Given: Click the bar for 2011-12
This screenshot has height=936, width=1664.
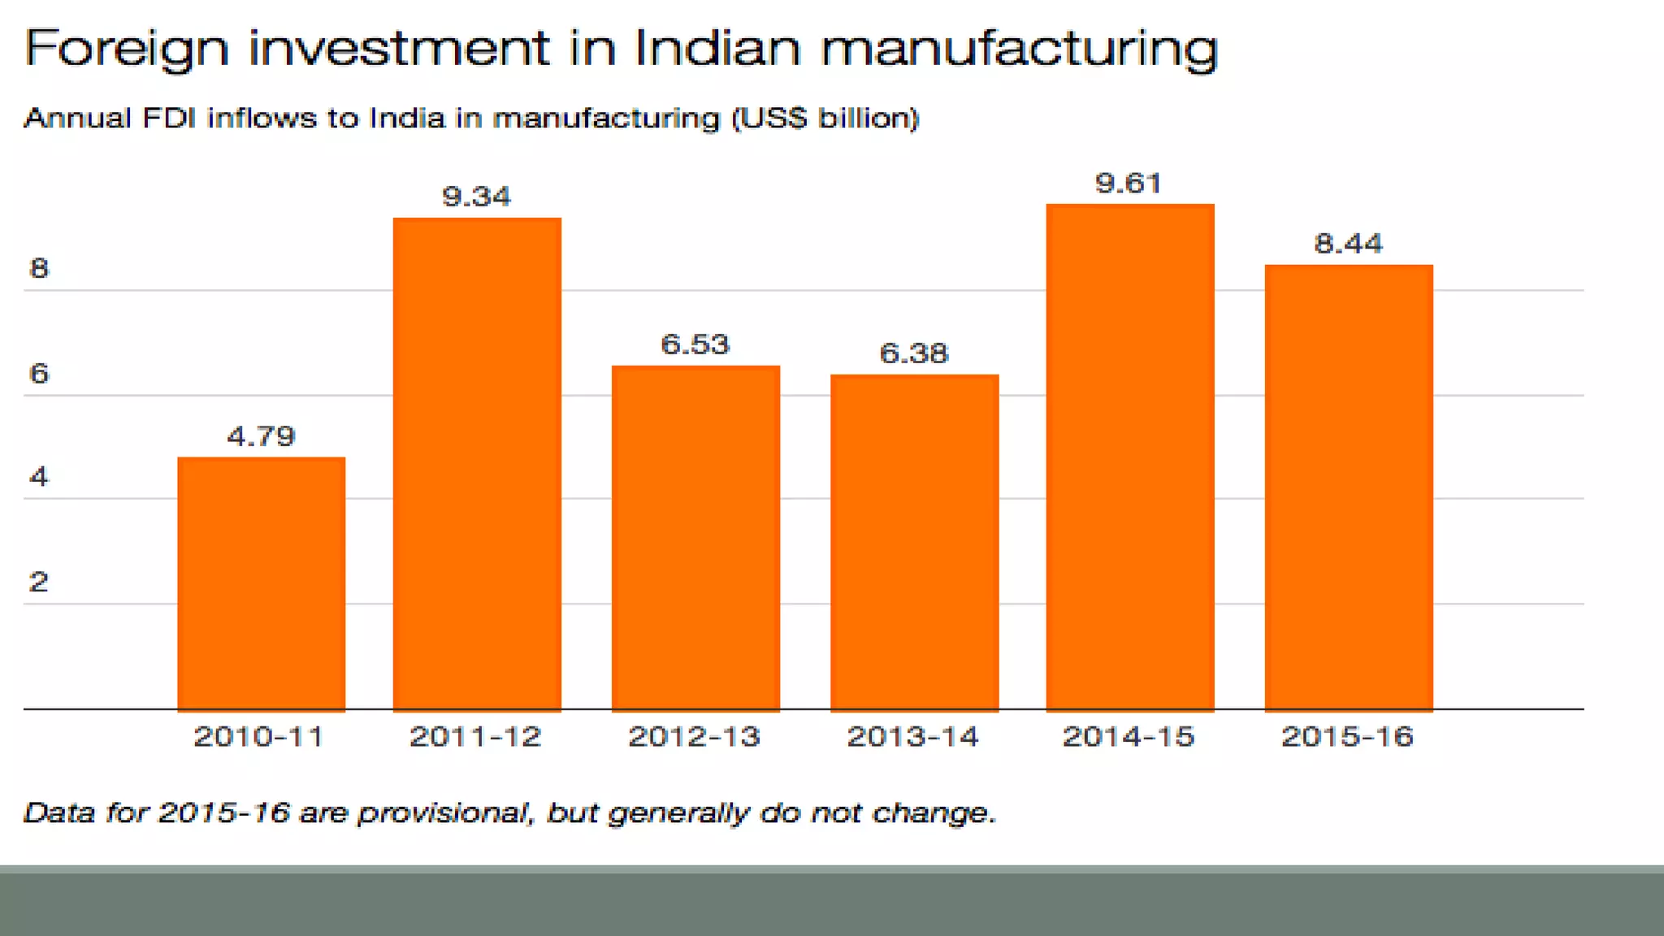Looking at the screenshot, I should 477,464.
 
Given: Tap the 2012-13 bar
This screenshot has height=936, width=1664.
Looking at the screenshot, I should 695,538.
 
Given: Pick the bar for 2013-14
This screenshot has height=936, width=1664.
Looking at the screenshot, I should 914,542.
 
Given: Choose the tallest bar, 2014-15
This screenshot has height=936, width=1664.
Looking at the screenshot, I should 1129,457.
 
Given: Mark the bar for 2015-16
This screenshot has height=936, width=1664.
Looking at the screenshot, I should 1349,487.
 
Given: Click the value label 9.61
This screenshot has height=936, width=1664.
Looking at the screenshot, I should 1128,183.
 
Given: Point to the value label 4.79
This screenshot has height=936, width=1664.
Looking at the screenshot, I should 260,436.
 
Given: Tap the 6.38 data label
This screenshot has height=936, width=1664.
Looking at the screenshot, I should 913,353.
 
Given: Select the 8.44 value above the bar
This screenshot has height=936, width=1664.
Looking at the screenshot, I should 1348,243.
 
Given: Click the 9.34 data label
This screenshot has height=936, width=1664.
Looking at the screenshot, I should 476,197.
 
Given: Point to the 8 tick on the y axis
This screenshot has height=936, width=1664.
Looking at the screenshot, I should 39,268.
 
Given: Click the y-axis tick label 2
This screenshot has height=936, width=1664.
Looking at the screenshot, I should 39,582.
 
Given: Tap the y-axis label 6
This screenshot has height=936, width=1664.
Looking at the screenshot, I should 39,373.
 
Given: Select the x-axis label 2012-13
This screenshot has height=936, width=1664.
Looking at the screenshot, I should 694,736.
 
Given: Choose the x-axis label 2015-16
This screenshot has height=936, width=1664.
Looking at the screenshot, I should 1347,736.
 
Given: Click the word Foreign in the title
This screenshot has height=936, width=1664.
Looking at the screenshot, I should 127,49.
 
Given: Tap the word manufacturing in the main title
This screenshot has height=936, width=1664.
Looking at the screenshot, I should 1019,49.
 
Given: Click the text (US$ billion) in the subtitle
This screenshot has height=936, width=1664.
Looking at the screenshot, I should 825,119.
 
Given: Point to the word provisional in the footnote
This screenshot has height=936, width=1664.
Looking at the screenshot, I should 444,812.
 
